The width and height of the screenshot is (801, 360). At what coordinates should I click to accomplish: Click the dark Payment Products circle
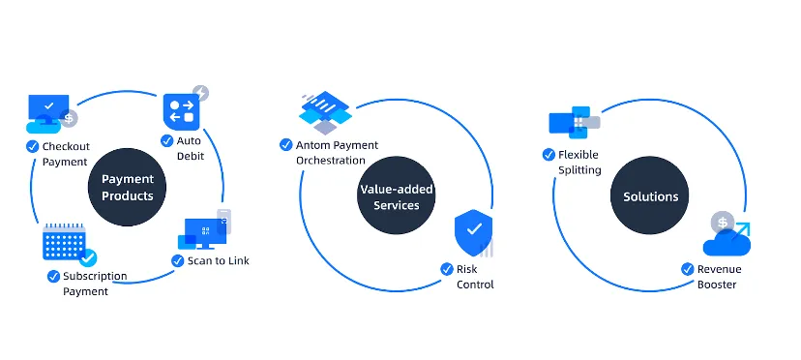[127, 187]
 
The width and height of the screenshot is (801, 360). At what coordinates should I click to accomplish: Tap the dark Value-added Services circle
[397, 195]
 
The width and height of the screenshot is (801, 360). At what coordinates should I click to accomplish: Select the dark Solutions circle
[650, 195]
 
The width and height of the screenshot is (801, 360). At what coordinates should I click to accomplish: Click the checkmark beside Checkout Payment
[33, 146]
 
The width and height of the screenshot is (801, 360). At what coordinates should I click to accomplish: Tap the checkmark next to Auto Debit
[167, 140]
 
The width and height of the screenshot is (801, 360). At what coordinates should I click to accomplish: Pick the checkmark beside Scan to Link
[178, 260]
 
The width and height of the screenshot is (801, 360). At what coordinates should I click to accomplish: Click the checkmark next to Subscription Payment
[53, 276]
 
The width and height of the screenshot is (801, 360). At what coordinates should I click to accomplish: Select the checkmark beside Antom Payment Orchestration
[286, 145]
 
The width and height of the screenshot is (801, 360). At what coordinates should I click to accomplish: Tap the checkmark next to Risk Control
[447, 269]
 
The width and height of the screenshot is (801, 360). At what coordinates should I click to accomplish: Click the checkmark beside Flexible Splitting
[549, 155]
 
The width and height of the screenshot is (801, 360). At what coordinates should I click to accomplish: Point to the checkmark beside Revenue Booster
[688, 269]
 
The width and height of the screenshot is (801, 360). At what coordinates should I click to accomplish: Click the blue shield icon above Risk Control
[474, 232]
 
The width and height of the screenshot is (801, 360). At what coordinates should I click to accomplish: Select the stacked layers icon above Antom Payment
[325, 112]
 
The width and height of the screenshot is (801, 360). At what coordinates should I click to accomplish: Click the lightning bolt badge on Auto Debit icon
[201, 94]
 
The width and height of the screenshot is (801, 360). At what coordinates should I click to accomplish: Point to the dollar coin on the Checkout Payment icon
[69, 119]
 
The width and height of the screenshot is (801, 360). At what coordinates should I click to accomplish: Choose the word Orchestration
[331, 161]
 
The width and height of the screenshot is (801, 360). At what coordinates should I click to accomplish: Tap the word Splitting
[579, 170]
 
